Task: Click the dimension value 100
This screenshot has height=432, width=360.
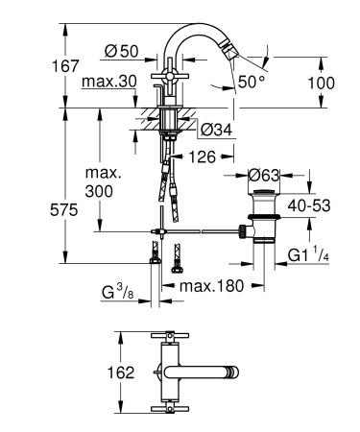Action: [x=322, y=83]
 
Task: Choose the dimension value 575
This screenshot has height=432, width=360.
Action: [x=26, y=209]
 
